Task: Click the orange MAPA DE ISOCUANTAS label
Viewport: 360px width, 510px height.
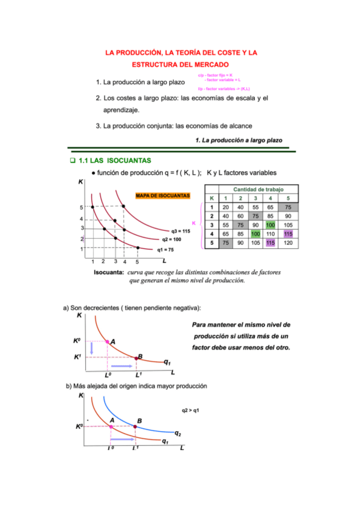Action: point(162,196)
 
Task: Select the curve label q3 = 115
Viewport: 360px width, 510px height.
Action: point(180,231)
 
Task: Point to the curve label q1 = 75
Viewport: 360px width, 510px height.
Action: point(165,250)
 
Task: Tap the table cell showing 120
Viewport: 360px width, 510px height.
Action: point(288,243)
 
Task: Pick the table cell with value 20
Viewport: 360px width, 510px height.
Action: point(225,206)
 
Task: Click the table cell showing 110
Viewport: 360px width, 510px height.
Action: point(271,234)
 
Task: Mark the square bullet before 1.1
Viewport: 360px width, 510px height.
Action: point(72,161)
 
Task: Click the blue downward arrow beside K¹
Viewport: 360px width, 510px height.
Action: point(92,348)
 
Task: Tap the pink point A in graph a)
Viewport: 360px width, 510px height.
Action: point(108,342)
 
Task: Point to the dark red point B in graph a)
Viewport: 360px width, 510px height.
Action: point(136,358)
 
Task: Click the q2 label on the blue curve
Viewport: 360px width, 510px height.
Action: point(178,433)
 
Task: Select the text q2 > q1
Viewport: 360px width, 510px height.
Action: point(190,411)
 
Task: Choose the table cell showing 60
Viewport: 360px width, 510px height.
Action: point(240,215)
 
